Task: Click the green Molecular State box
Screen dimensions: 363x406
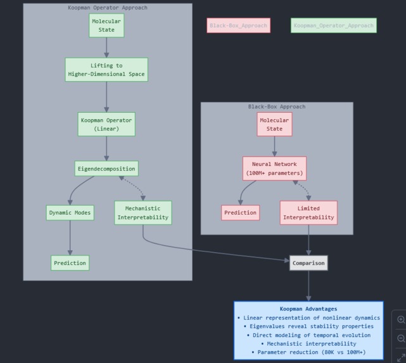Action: [106, 25]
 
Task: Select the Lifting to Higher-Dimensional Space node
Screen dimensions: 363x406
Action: [106, 70]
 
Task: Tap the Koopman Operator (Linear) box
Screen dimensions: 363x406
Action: [106, 124]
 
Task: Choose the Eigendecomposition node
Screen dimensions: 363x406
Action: [106, 169]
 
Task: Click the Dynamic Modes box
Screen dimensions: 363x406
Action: [70, 213]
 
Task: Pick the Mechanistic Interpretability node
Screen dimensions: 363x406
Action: [143, 213]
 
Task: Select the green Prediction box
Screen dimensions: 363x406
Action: [70, 263]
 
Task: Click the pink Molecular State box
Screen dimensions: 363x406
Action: [274, 124]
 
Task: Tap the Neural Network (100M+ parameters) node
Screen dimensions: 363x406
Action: [274, 169]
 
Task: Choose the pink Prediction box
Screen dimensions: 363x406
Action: [241, 213]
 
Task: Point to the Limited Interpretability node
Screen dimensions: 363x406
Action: [308, 213]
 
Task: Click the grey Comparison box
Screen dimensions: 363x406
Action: [308, 263]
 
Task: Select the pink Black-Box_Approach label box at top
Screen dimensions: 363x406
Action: [238, 25]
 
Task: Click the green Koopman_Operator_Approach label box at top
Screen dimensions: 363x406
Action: [334, 25]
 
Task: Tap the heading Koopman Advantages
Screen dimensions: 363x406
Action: [308, 309]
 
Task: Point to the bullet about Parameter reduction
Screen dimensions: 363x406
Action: [308, 352]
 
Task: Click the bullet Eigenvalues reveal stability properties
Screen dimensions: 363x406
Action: [308, 326]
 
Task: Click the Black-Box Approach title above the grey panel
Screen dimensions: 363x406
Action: [277, 106]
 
